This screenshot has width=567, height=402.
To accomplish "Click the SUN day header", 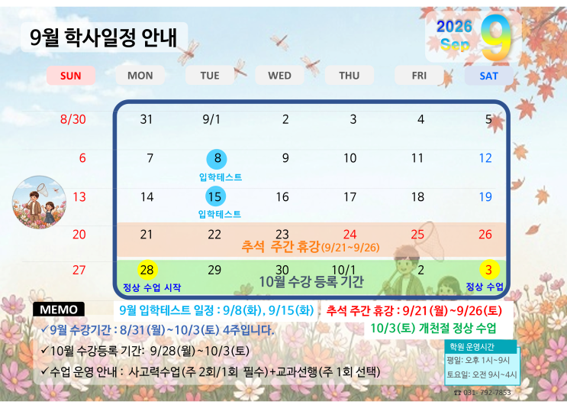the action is (71, 76).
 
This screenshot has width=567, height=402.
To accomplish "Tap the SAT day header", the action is (488, 76).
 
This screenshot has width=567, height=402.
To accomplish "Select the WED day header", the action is (279, 76).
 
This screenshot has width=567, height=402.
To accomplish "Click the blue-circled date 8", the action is (217, 159).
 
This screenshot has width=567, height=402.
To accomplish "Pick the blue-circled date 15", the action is (215, 196).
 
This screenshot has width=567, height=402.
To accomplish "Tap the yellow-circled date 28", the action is (147, 270).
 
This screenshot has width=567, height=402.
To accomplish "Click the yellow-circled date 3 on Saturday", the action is (489, 270).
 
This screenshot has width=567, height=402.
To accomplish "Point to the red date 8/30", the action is (73, 119).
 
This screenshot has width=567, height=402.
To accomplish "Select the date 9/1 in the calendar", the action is (211, 119).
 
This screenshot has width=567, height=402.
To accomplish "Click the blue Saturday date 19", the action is (485, 196).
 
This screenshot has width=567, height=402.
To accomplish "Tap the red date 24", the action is (350, 235).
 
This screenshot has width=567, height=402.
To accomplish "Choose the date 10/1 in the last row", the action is (343, 270).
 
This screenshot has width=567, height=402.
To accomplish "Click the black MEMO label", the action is (59, 310).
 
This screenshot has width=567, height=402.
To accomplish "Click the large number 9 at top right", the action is (496, 37).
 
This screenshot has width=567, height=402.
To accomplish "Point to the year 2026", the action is (454, 27).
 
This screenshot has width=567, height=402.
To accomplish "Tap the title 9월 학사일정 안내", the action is (104, 37).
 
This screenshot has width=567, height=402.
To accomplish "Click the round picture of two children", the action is (39, 203).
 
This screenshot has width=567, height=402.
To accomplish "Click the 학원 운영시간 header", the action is (472, 347).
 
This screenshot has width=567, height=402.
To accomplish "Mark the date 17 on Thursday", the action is (350, 196).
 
